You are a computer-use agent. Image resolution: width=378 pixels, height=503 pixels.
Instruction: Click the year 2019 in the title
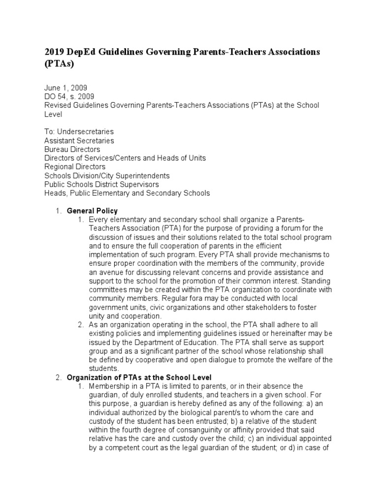[54, 52]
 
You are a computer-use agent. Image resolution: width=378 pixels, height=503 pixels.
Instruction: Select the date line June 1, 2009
[65, 87]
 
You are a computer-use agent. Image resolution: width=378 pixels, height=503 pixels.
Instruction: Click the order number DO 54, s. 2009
[69, 96]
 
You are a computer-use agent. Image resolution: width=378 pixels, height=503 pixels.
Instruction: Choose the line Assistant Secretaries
[79, 140]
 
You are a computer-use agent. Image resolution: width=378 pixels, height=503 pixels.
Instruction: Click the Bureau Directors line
[72, 149]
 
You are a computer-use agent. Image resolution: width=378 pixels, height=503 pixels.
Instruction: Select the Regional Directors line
[75, 167]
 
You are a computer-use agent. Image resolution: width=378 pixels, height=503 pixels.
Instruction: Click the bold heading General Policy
[92, 211]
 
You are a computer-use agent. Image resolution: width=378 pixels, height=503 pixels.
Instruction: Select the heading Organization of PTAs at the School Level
[139, 377]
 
